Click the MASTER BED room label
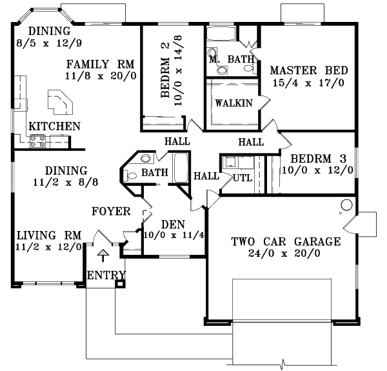309,70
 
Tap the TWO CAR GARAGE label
286,242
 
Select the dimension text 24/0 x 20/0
286,254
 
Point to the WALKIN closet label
233,103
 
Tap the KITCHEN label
54,126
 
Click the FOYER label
111,211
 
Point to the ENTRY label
106,276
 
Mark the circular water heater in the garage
346,206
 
